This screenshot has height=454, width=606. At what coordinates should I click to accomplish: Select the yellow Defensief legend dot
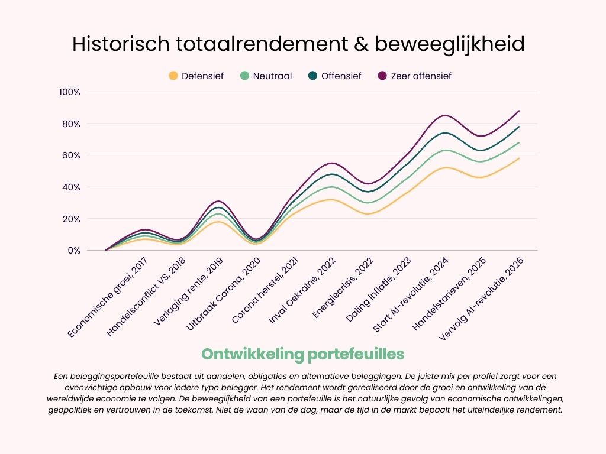pos(173,76)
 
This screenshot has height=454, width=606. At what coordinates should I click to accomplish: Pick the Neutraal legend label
pos(272,76)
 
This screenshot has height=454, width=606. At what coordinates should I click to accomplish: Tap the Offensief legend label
pos(341,76)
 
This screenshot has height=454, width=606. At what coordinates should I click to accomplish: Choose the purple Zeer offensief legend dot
pos(382,76)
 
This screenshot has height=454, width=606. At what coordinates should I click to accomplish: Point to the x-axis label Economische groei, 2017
pos(109,295)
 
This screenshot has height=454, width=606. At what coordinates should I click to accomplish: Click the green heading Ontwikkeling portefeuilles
pos(302,354)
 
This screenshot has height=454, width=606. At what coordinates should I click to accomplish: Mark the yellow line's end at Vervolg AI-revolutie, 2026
pos(520,158)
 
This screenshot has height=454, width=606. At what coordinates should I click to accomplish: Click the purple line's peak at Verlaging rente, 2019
pos(218,201)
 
